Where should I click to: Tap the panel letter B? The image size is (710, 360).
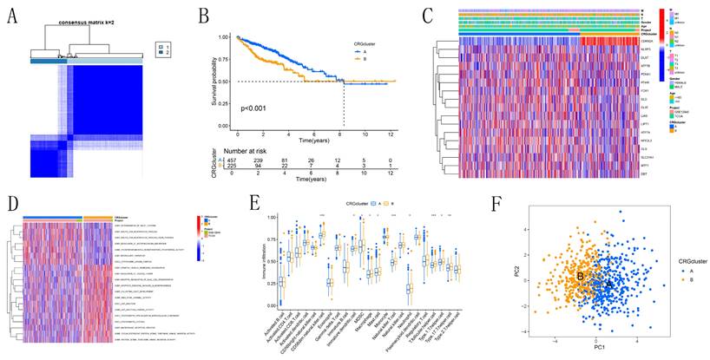click(x=202, y=14)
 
